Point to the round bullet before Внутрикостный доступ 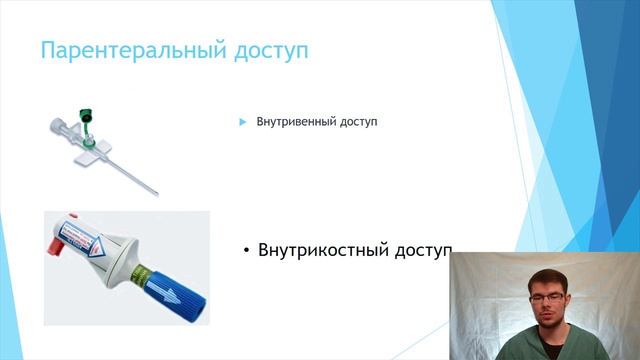(246, 251)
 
